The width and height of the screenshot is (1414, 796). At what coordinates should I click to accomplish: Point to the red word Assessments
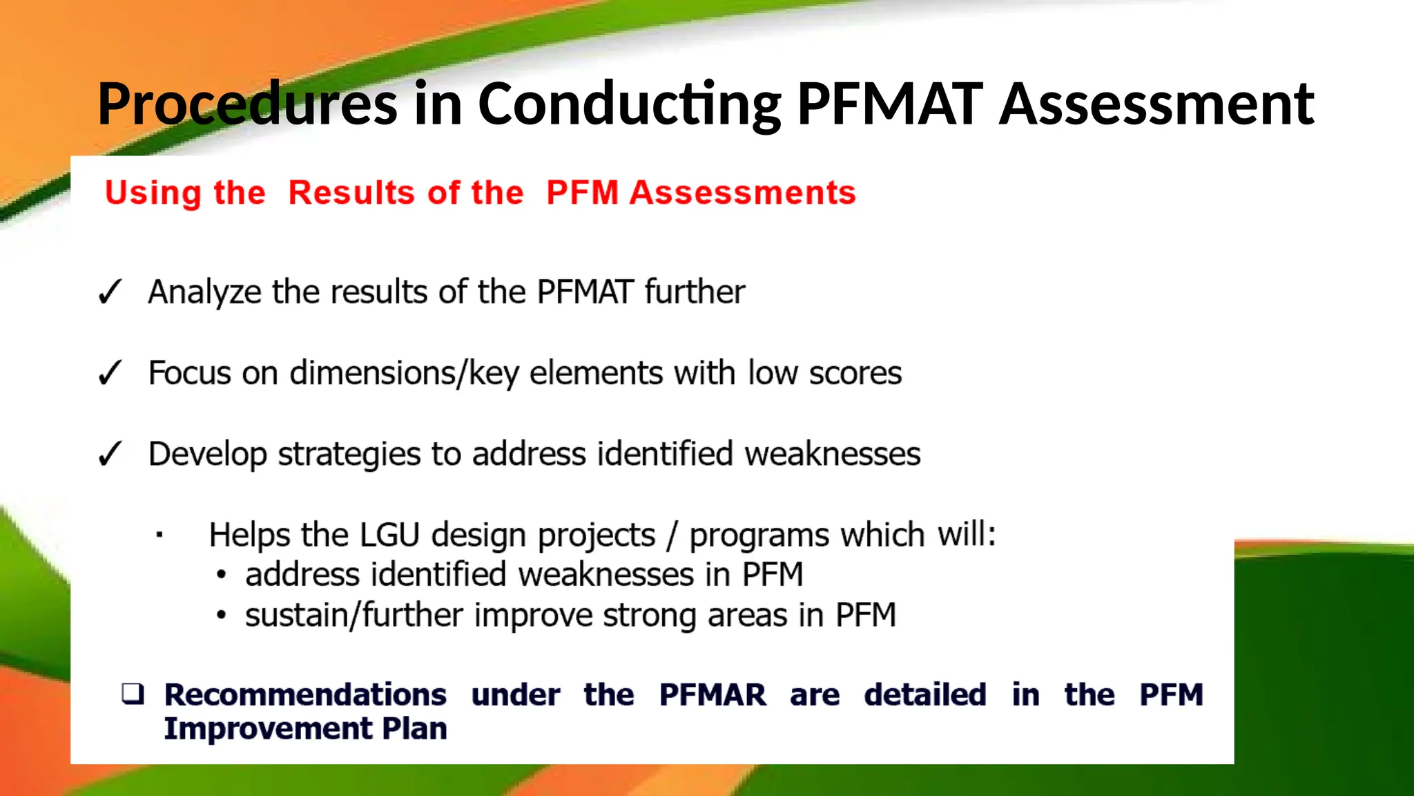click(x=742, y=192)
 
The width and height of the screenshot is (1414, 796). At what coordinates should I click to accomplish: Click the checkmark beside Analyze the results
click(x=110, y=292)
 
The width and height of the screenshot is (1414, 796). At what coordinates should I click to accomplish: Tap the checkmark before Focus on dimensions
click(x=110, y=373)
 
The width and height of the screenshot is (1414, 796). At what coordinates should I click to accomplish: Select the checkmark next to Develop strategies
click(x=110, y=454)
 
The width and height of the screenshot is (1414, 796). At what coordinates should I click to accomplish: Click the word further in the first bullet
click(x=695, y=292)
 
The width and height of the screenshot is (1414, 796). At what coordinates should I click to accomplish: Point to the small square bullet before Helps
click(x=159, y=535)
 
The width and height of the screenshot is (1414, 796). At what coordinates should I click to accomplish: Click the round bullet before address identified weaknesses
click(x=221, y=575)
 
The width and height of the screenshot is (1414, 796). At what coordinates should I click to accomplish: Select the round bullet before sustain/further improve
click(x=221, y=615)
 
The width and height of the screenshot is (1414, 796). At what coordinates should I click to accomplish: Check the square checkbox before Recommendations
click(x=133, y=693)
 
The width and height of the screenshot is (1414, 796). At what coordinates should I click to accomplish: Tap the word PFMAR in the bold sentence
click(x=713, y=694)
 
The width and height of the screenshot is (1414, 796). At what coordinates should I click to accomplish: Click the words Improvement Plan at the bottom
click(x=305, y=728)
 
